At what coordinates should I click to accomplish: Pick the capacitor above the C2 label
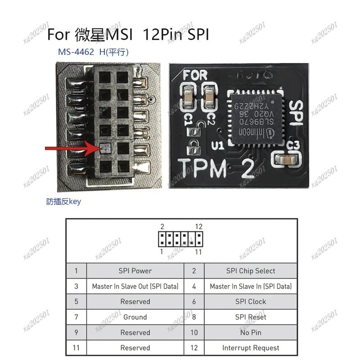click(x=210, y=94)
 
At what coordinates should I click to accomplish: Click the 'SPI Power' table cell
click(x=135, y=271)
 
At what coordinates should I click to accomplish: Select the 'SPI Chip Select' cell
click(x=251, y=271)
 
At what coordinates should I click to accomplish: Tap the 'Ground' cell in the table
click(x=135, y=317)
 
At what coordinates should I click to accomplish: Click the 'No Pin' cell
click(x=251, y=333)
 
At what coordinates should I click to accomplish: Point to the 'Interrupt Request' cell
click(x=251, y=348)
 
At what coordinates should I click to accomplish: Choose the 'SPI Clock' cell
click(x=251, y=301)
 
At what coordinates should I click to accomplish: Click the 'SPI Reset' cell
click(x=251, y=317)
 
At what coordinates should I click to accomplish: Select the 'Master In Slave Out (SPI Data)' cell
click(x=135, y=286)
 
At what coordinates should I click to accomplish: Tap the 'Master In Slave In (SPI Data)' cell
click(x=251, y=286)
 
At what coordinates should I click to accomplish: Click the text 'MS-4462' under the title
click(x=76, y=52)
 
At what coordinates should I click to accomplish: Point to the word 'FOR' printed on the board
click(x=196, y=75)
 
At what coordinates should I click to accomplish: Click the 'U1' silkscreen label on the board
click(x=218, y=145)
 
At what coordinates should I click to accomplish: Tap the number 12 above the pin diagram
click(x=198, y=226)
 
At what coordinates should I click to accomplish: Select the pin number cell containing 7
click(x=76, y=317)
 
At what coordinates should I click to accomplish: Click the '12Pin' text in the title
click(x=162, y=34)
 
